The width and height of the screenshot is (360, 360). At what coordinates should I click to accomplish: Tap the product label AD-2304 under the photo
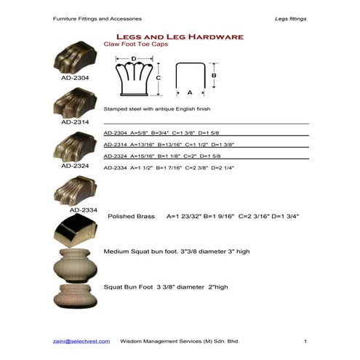click(75, 76)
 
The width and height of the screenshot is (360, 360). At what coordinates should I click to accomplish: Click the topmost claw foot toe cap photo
click(76, 59)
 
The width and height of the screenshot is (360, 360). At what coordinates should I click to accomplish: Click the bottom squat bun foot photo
click(76, 295)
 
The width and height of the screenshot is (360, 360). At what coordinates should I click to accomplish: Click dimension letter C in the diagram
click(158, 77)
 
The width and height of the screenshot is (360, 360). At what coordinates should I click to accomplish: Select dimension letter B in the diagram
click(214, 75)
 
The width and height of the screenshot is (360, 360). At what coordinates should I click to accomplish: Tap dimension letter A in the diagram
click(190, 92)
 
